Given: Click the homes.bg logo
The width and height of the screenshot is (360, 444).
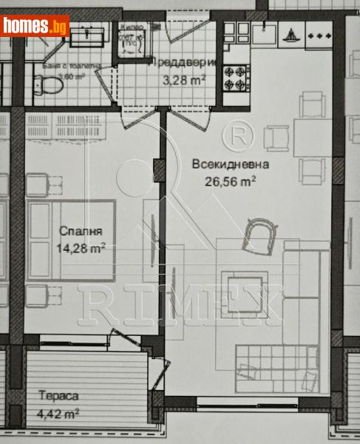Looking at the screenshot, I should [34, 27].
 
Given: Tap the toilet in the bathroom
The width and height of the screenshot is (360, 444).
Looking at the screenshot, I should [47, 87].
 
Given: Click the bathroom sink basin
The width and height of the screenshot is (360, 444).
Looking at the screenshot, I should [89, 33].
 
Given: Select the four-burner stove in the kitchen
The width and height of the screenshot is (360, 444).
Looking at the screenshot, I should [237, 73].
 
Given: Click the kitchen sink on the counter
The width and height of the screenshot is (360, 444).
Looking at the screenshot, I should [265, 33].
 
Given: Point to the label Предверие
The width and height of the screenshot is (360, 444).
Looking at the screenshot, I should [183, 63].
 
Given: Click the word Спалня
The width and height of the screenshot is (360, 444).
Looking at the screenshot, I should [78, 231].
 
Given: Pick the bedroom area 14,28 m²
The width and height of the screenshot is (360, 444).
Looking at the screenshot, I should [81, 247].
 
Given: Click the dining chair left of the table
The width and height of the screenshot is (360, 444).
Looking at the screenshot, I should [278, 138].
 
